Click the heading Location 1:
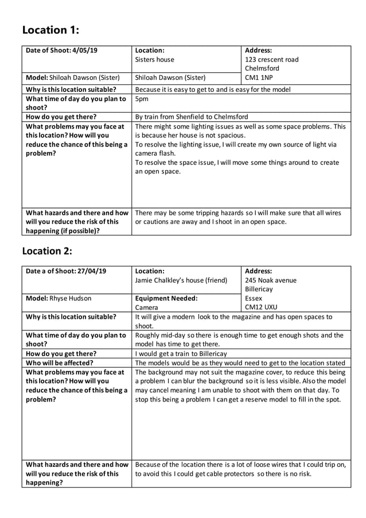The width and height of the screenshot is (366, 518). click(50, 30)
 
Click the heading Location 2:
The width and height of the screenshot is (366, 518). click(47, 251)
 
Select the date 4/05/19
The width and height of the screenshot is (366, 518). click(85, 51)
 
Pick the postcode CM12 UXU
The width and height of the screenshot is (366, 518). click(261, 308)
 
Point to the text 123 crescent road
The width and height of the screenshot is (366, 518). click(272, 60)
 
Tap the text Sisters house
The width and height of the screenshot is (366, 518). click(154, 60)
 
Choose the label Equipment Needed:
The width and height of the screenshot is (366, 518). click(166, 299)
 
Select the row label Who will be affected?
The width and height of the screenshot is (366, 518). click(60, 363)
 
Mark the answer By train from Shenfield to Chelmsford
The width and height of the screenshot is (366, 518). click(192, 117)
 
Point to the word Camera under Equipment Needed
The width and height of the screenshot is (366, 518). click(146, 308)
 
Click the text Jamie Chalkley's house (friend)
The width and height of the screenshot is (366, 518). click(181, 280)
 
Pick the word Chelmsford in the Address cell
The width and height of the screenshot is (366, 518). click(262, 68)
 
